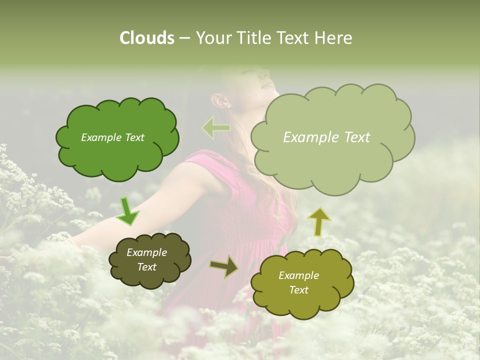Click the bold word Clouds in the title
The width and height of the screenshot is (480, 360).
146,38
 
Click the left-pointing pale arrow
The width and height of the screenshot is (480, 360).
216,128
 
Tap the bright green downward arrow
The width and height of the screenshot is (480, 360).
127,211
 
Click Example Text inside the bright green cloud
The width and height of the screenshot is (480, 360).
112,137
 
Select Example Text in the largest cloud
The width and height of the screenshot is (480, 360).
326,137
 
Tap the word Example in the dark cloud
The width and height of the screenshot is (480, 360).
146,252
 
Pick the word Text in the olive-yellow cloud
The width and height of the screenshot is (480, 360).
298,290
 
